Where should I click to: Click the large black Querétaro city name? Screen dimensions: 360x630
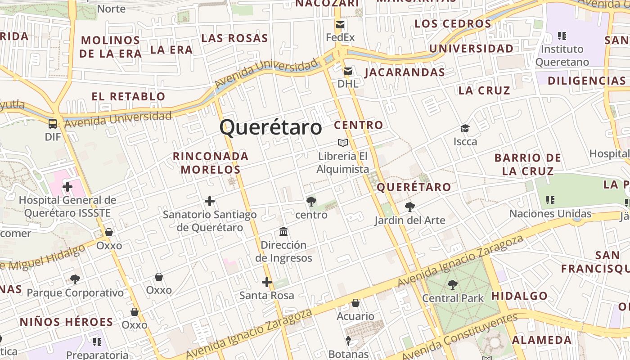[x=271, y=127]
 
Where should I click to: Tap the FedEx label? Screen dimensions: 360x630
[x=340, y=37]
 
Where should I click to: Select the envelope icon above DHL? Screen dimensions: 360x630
[x=348, y=71]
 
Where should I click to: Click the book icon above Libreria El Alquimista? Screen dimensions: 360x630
[x=343, y=143]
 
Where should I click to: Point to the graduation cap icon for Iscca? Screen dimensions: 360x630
[x=465, y=129]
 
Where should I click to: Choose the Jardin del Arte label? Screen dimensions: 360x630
[x=410, y=220]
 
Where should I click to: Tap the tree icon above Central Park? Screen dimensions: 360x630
[x=453, y=285]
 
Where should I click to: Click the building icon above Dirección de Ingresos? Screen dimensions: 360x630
[x=283, y=232]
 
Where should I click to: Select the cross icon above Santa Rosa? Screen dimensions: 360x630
[x=267, y=282]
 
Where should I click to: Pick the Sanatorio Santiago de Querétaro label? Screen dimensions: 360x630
[x=210, y=221]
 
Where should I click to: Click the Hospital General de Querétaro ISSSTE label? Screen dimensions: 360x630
[x=67, y=207]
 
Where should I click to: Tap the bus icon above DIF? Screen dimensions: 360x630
[x=53, y=123]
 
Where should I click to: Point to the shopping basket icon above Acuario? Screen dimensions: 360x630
[x=355, y=303]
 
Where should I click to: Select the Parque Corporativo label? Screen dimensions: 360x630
[x=75, y=293]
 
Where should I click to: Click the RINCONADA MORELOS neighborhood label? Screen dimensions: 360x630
[x=211, y=163]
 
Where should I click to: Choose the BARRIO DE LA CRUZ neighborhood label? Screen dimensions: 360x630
[x=528, y=164]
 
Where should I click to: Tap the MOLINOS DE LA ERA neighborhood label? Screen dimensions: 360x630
[x=110, y=47]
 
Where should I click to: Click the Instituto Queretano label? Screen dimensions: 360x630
[x=562, y=55]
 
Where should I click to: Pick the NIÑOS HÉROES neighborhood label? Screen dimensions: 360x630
[x=66, y=322]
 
